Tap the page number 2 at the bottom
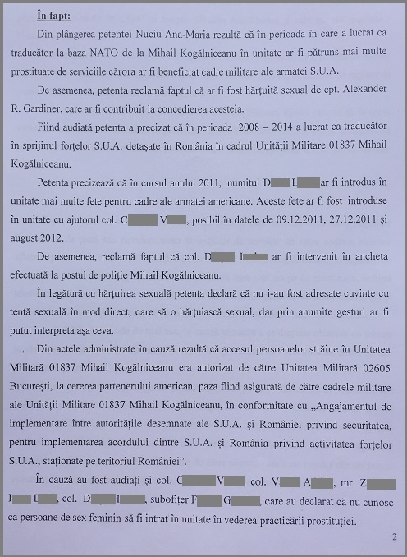tap(394, 537)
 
